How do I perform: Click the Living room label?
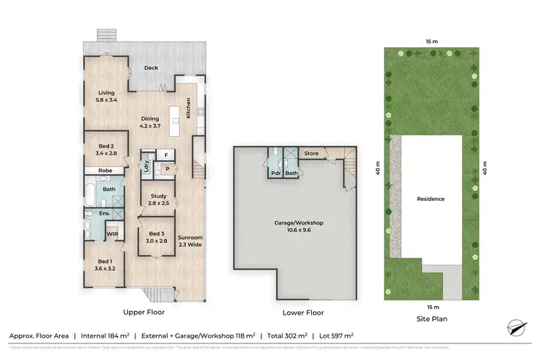(105, 96)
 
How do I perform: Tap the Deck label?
(150, 68)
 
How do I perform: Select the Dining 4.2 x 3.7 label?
(149, 122)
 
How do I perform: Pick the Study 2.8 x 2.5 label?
(158, 199)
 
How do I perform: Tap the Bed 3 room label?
(157, 237)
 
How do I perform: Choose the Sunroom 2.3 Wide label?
(189, 240)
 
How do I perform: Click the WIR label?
(112, 234)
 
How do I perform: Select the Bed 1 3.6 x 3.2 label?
(105, 264)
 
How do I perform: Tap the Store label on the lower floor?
(311, 153)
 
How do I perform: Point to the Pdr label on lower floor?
(276, 173)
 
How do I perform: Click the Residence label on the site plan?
(431, 199)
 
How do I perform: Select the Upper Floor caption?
(144, 312)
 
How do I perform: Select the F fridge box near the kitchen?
(166, 155)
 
